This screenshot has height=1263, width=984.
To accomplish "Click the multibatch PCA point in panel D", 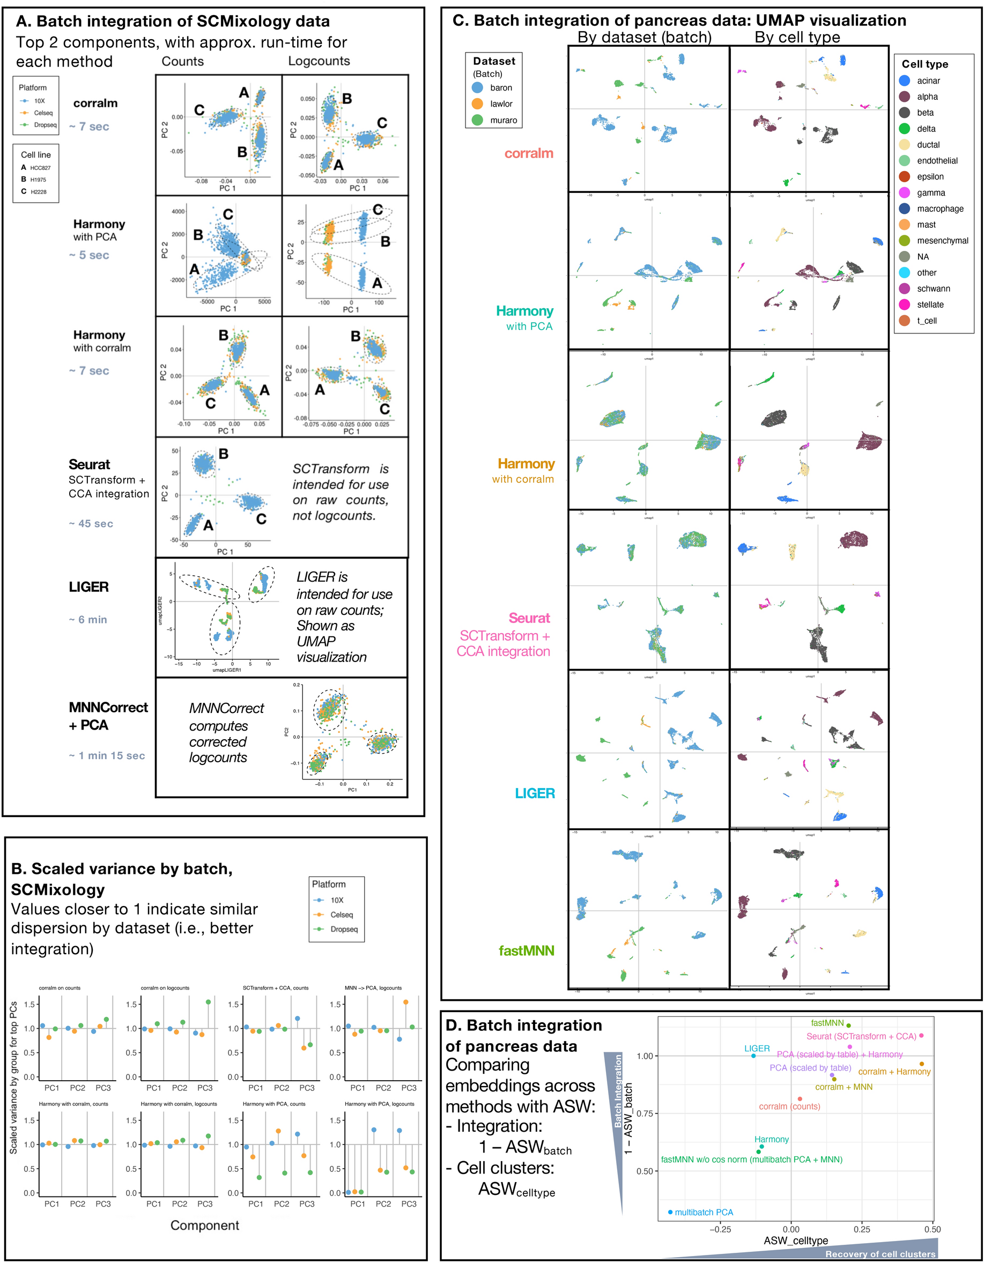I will (x=670, y=1212).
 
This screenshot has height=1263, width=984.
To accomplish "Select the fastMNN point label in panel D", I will (x=827, y=1022).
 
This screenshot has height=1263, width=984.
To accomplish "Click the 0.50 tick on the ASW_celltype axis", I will (x=932, y=1229).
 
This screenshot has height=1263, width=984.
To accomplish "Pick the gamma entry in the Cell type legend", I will (x=931, y=192).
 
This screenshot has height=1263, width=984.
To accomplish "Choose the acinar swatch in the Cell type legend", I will (x=905, y=80).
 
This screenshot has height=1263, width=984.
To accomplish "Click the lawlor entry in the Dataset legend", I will (x=501, y=103).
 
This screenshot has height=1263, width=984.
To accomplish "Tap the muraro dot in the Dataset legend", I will (x=477, y=120).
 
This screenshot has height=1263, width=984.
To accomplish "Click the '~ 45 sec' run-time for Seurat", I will (x=91, y=523).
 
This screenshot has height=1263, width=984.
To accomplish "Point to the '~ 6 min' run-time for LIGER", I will (x=88, y=619).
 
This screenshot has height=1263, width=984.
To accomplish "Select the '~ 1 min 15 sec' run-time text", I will (x=107, y=755).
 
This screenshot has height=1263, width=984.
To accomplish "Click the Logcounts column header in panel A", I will (x=319, y=61).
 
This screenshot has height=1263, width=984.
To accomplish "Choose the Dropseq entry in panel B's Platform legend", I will (x=344, y=928).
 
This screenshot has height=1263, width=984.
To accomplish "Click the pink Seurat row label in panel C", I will (x=529, y=618).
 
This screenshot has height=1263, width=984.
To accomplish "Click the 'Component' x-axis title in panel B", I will (x=204, y=1225).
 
